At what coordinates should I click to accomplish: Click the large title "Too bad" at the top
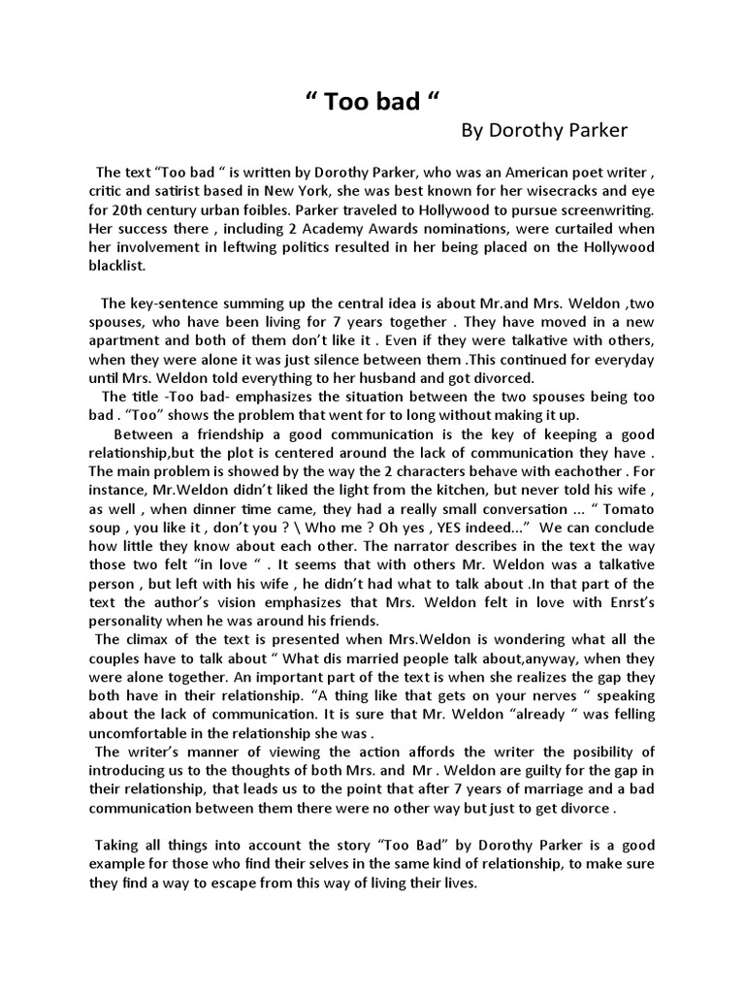pos(366,104)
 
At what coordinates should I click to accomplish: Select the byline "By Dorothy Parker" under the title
pos(544,131)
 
